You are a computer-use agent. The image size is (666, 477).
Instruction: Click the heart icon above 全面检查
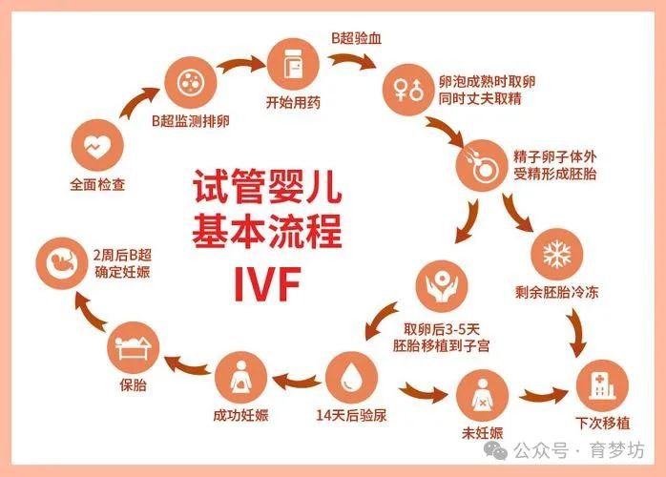tap(97, 146)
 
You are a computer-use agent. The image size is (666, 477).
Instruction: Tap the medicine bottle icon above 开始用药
tap(293, 64)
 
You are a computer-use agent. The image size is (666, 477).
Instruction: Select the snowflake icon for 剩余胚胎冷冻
tap(557, 255)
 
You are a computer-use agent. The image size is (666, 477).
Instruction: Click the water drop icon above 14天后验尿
tap(351, 377)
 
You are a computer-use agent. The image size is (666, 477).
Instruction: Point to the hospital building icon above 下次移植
tap(602, 385)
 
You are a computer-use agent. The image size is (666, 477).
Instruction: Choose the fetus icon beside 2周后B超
tap(62, 263)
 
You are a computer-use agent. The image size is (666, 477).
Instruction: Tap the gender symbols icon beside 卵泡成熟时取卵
tap(408, 90)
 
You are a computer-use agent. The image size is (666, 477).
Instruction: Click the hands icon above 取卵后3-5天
tap(442, 286)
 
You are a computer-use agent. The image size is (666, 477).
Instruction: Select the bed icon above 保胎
tap(133, 347)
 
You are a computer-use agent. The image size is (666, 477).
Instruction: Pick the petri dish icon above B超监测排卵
tap(191, 82)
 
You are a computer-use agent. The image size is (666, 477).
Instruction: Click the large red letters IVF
tap(267, 283)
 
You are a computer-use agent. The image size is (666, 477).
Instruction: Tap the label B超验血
tap(356, 38)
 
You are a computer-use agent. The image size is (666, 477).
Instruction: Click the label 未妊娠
tap(482, 433)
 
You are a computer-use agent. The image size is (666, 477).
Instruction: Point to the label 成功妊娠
tap(240, 415)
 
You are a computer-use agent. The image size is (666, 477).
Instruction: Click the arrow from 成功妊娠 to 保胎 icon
tap(187, 365)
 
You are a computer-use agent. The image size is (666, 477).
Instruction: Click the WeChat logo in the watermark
tap(495, 450)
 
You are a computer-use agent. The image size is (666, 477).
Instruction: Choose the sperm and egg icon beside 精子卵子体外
tap(482, 165)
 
